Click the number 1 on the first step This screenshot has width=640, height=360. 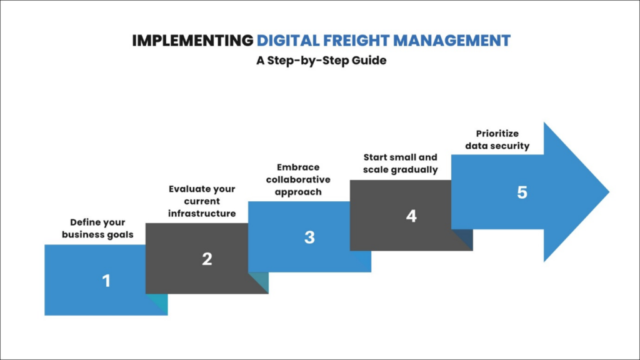tap(106, 281)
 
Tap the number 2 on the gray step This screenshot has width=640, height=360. tap(207, 259)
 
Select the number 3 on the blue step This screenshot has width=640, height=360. tap(309, 237)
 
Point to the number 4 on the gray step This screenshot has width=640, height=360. tap(411, 216)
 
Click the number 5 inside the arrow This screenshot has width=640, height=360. tap(522, 192)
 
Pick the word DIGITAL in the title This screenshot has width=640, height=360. tap(288, 41)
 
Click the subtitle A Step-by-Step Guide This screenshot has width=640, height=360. tap(320, 61)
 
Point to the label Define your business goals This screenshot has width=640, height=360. tap(97, 228)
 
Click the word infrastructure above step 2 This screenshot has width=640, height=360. tap(201, 214)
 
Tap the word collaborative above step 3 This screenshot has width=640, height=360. tap(298, 179)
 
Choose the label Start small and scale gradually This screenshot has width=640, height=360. tap(400, 163)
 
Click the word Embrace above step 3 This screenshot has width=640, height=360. tap(298, 167)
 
